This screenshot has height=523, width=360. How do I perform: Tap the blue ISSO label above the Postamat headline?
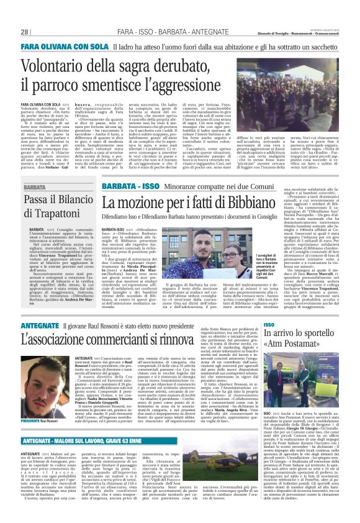click(268, 325)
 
